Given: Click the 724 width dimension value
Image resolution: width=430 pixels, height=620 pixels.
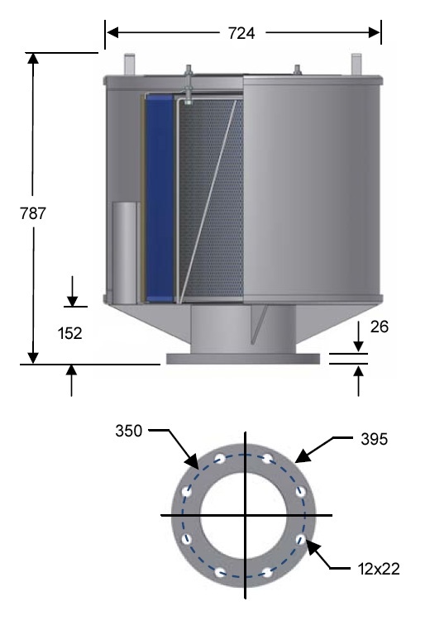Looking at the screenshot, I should (241, 33).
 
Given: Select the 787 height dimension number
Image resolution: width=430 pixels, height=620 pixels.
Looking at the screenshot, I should (33, 212).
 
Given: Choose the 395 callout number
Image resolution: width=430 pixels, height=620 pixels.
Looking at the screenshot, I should (375, 437).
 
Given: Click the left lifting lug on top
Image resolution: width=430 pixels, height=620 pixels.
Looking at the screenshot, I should (129, 64).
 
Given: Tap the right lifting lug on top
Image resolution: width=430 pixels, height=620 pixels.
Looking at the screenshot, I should (356, 64).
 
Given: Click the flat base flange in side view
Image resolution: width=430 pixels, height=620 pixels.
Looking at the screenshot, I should (242, 360).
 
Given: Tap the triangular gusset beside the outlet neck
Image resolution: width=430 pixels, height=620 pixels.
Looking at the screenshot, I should (263, 322).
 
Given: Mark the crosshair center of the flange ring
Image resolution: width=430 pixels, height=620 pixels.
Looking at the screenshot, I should (244, 514).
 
